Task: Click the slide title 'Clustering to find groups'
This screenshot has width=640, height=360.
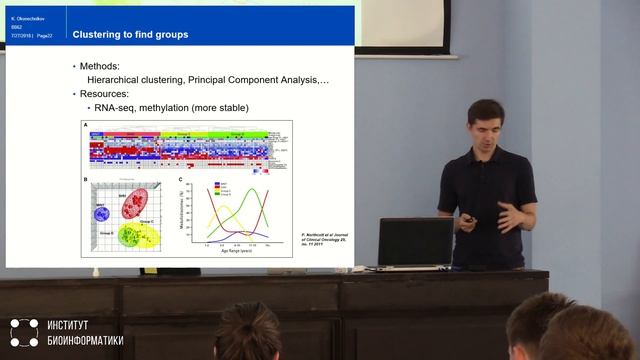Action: pos(130,35)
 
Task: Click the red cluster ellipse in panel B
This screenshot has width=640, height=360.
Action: pos(134,203)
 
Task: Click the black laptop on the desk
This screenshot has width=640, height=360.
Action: pos(414,242)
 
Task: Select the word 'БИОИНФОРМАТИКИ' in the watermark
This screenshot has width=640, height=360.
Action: pos(85,341)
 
